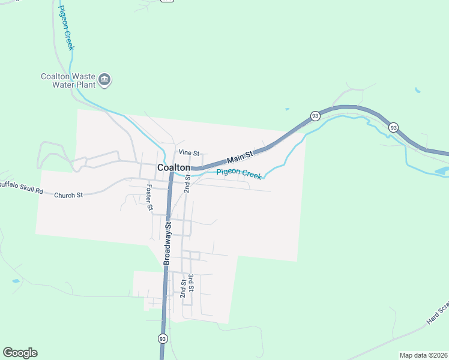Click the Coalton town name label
coord(173,168)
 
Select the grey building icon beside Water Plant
coord(105,80)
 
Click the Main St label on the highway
coord(241,158)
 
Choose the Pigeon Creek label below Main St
coord(239,173)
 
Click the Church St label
coord(68,195)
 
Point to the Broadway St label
coord(168,243)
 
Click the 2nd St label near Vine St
coord(187,182)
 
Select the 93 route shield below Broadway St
coord(163,339)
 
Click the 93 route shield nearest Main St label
coord(315,115)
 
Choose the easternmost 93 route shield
coord(393,127)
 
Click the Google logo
coord(20,353)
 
